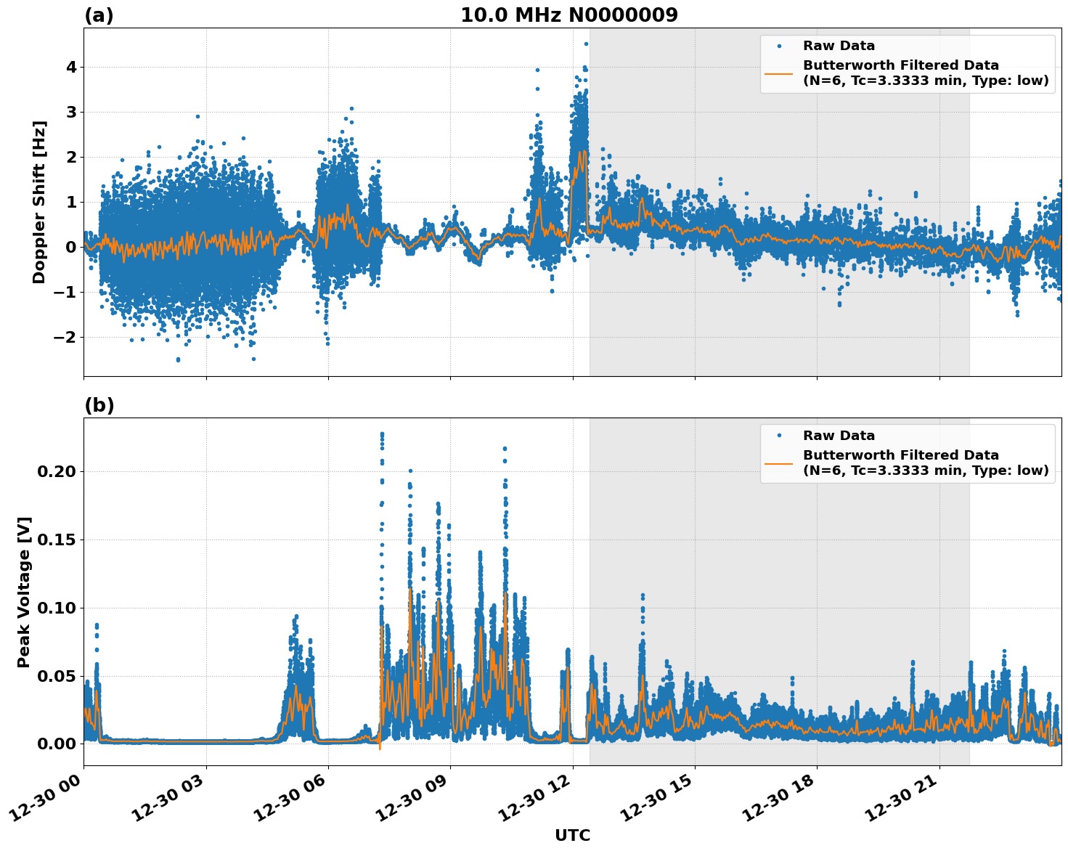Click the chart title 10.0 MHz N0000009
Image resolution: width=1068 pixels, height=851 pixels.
tap(568, 15)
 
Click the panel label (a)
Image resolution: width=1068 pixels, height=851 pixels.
tap(99, 15)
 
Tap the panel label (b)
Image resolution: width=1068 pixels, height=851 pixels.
tap(99, 405)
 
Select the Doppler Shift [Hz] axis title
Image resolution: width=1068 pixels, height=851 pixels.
tap(39, 202)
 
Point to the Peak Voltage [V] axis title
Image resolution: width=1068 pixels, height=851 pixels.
tap(24, 592)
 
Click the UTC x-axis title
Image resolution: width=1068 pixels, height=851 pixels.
tap(572, 835)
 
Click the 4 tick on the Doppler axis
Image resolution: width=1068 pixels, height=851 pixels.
tap(71, 67)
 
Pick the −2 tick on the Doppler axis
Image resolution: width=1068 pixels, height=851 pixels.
tap(65, 337)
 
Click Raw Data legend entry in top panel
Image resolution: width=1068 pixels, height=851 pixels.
tap(839, 46)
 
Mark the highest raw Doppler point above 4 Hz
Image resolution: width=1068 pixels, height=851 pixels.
tap(586, 44)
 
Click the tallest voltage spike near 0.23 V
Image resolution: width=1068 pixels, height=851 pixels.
tap(382, 433)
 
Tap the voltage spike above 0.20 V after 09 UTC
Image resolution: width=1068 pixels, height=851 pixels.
tap(505, 449)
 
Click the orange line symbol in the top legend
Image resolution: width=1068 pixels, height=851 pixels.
tap(778, 73)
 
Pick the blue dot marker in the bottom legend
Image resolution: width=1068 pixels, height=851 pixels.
tap(778, 436)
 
